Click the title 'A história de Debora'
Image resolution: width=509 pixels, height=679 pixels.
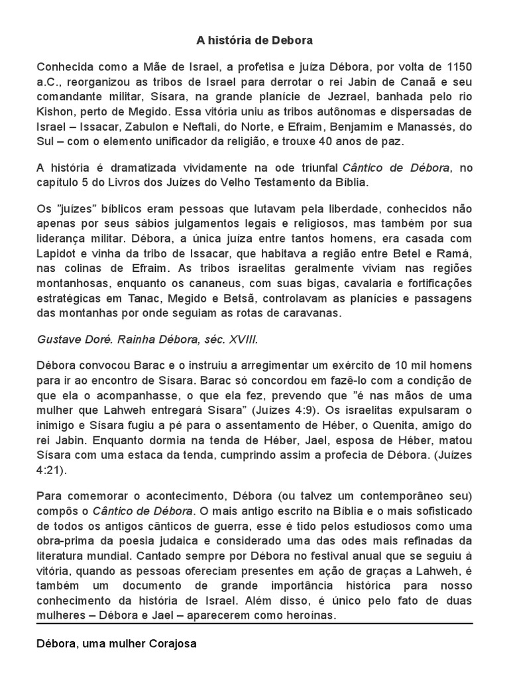[x=254, y=40]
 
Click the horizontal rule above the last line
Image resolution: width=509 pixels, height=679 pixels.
[x=254, y=623]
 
